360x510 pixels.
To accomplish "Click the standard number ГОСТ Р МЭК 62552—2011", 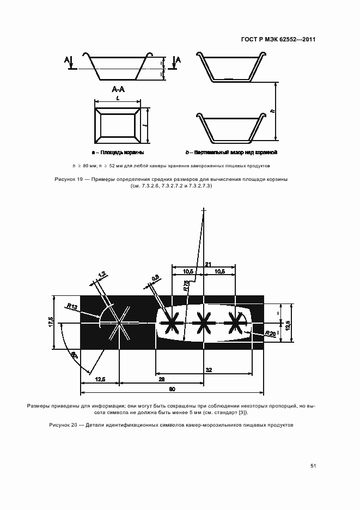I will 278,40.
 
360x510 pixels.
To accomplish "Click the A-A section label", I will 118,89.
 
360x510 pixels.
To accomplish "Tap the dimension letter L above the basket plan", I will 118,99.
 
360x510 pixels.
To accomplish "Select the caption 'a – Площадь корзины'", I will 118,153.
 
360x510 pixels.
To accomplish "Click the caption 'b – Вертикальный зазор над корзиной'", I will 231,153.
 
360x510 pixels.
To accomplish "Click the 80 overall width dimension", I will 172,389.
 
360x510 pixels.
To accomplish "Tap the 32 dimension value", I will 209,370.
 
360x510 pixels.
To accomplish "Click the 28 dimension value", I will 162,379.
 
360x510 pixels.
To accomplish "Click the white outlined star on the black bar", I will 119,323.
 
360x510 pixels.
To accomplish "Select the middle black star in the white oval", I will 204,323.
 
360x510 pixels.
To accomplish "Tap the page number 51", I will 313,466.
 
